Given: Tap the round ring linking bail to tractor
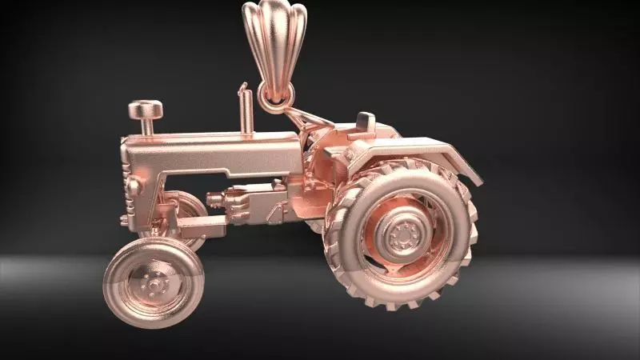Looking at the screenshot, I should point(276,98).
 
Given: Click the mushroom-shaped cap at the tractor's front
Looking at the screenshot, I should point(146,117).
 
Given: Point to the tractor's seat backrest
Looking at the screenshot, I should point(365,122).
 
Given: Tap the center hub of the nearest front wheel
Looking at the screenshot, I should point(153,283).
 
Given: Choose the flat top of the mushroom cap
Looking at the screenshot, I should point(146,106).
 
